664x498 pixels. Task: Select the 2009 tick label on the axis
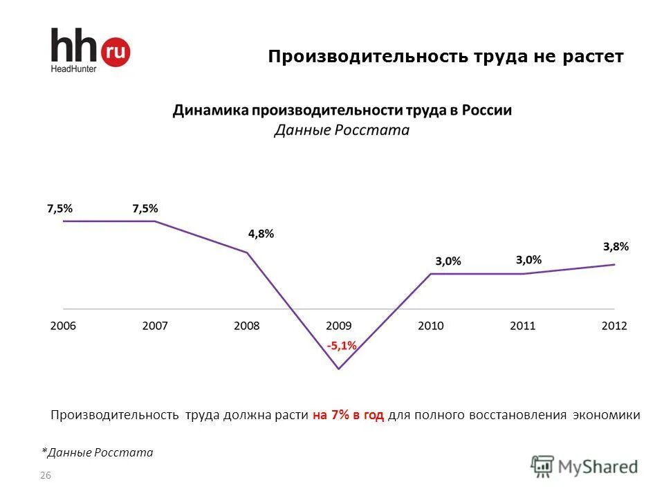[339, 326]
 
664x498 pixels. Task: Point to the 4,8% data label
[261, 234]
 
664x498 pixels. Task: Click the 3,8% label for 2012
[616, 246]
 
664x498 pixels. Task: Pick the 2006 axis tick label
[63, 326]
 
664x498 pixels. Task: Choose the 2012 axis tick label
[614, 326]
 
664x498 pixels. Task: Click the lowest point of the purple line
[339, 369]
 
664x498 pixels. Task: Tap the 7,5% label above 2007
[145, 207]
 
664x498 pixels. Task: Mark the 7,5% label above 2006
[59, 207]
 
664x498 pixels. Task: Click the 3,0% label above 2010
[448, 261]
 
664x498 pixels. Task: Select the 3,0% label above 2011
[529, 260]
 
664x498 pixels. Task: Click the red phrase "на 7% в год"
[348, 416]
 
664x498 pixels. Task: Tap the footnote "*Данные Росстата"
[98, 452]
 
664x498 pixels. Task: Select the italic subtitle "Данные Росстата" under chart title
[342, 130]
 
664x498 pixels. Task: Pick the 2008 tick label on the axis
[247, 326]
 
